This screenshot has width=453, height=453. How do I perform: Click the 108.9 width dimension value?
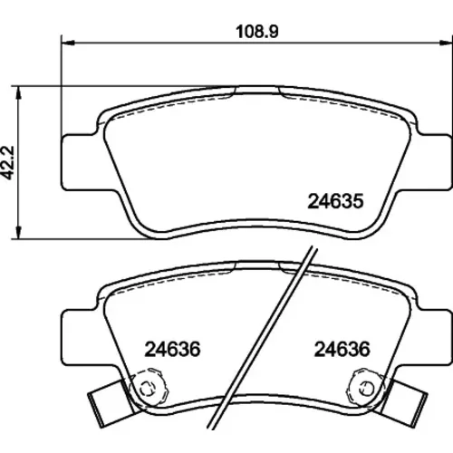pyautogui.click(x=257, y=32)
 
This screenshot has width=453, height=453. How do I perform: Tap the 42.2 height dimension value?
pyautogui.click(x=8, y=162)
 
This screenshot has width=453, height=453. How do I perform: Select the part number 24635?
pyautogui.click(x=335, y=201)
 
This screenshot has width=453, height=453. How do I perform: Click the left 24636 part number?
pyautogui.click(x=172, y=349)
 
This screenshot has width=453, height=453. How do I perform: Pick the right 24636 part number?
pyautogui.click(x=342, y=349)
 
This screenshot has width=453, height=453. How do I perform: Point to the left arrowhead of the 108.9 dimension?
pyautogui.click(x=68, y=43)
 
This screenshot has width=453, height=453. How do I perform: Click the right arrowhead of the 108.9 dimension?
pyautogui.click(x=446, y=43)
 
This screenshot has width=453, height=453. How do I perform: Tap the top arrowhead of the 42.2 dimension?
pyautogui.click(x=19, y=92)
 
